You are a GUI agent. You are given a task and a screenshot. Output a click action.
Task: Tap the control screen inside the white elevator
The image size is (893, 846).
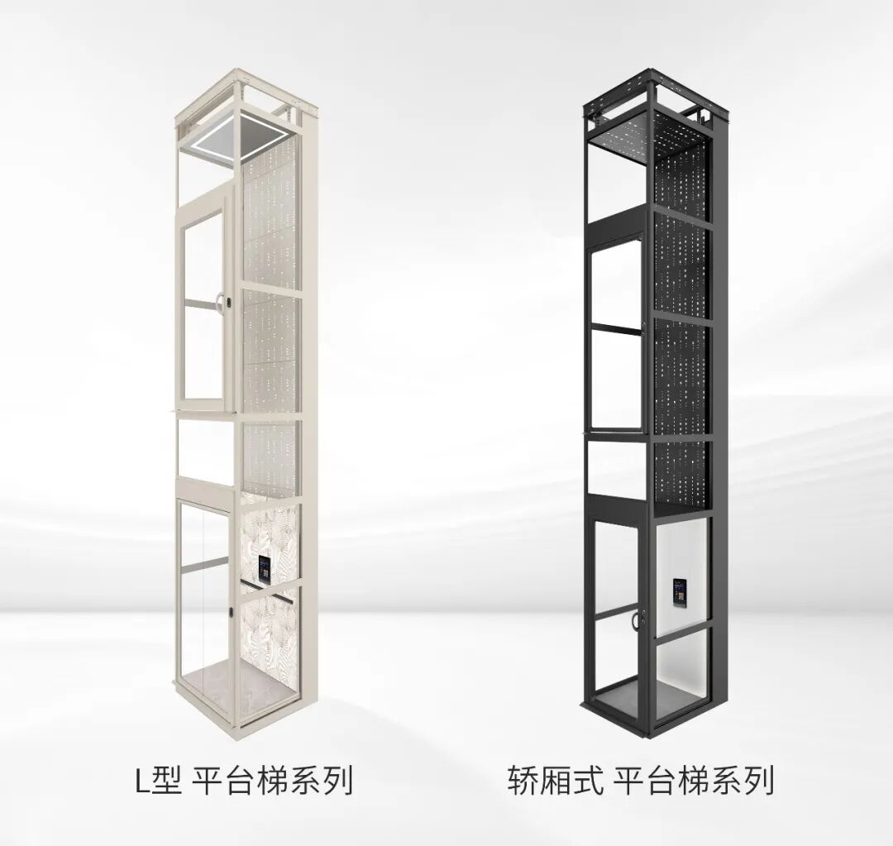265,569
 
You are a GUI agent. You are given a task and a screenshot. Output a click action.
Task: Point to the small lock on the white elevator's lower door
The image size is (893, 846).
232,611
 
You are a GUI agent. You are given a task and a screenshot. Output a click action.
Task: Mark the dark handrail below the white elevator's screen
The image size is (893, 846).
269,586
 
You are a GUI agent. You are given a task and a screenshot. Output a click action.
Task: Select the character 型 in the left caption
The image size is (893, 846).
166,781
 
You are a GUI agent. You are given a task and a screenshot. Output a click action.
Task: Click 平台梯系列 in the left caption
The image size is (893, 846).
273,781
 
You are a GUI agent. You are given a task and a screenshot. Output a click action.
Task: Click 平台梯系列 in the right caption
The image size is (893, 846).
694,781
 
